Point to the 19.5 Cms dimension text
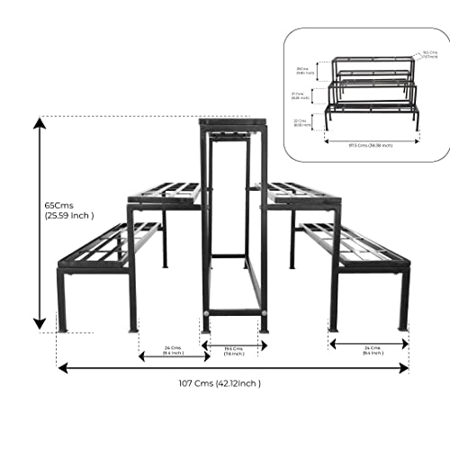pos(233,348)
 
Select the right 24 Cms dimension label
pos(369,349)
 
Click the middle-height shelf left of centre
pos(165,193)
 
